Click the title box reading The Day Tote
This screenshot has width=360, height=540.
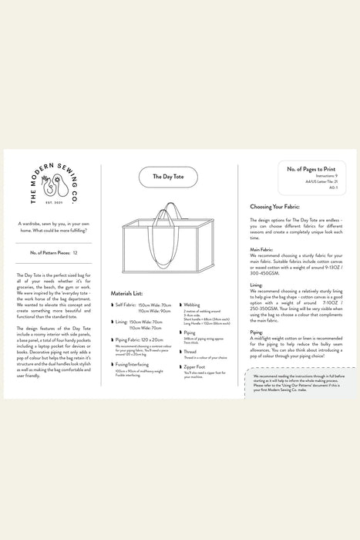[167, 177]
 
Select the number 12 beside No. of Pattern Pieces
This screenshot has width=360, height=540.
[75, 252]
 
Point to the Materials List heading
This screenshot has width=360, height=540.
[127, 294]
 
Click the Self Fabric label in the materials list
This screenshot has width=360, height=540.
[126, 305]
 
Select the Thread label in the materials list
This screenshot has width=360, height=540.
[190, 351]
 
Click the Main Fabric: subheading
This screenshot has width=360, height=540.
[264, 249]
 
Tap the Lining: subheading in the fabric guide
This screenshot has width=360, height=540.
[257, 285]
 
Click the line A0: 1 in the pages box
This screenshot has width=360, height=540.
[333, 187]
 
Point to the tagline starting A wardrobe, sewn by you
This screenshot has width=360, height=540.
[52, 226]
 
